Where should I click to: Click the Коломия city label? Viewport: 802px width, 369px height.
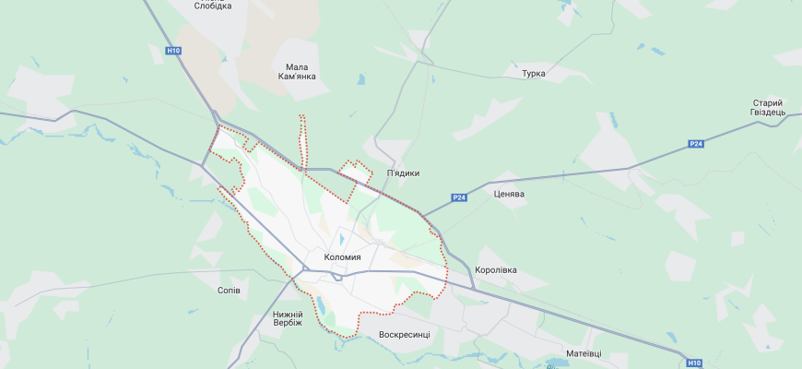tap(343, 257)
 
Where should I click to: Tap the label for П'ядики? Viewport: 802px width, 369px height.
tap(403, 173)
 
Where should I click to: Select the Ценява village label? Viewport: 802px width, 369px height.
tap(509, 194)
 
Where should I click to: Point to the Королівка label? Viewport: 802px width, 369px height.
tap(496, 270)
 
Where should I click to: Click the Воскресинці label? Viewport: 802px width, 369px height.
tap(405, 333)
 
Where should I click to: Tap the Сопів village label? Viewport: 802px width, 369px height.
tap(228, 291)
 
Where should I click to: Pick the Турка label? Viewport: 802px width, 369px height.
tap(533, 73)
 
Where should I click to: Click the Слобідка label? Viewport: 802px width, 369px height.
tap(213, 6)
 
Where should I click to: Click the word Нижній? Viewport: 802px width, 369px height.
tap(288, 315)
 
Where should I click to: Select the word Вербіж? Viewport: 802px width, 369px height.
tap(288, 326)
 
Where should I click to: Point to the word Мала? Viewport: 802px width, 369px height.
tap(296, 66)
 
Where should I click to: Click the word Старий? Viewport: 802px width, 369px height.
tap(767, 102)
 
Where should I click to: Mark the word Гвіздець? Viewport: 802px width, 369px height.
tap(767, 113)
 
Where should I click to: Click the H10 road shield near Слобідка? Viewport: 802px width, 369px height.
tap(174, 51)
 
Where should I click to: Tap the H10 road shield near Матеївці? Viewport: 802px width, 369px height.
tap(695, 363)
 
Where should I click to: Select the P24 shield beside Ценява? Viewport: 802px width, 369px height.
tap(459, 197)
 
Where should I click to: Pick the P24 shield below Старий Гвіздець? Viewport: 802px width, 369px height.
tap(696, 144)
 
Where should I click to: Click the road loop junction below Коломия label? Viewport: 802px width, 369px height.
tap(339, 274)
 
